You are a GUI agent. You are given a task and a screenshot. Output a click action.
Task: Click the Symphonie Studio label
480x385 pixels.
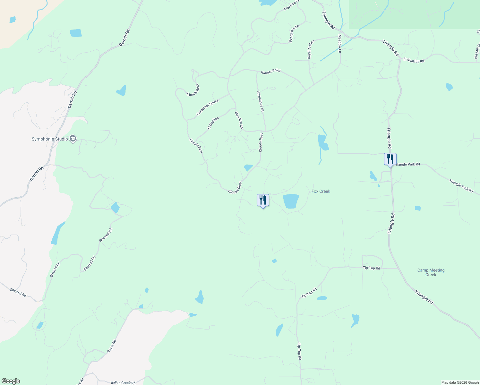50,139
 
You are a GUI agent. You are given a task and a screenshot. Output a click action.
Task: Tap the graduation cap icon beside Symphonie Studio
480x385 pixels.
73,139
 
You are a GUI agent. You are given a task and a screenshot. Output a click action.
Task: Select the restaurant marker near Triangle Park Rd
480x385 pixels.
390,159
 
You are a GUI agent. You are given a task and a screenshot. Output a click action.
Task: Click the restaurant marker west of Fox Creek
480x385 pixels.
263,200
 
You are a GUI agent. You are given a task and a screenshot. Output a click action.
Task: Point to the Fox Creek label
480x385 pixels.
321,191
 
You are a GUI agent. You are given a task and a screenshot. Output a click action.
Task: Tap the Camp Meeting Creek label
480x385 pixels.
431,272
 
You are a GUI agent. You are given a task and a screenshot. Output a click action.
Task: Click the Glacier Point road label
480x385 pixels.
270,72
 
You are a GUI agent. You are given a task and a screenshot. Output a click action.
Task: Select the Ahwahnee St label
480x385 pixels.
260,101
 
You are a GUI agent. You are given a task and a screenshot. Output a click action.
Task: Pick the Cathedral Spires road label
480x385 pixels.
207,107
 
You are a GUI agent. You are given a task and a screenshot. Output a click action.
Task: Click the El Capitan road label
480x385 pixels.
213,123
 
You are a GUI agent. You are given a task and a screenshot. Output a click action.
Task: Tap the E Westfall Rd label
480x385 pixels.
414,60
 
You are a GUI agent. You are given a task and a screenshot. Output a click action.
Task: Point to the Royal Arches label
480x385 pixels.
311,49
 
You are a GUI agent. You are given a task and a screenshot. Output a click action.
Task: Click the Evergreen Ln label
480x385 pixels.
294,33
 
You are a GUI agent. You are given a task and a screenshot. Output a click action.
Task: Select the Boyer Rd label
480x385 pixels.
111,346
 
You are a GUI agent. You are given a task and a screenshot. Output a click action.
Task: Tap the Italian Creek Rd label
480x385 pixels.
123,383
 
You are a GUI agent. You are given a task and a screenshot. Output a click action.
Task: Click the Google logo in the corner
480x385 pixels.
11,381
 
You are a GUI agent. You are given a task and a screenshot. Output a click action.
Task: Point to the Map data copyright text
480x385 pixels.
460,382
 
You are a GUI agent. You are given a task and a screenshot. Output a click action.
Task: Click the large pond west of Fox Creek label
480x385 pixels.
291,201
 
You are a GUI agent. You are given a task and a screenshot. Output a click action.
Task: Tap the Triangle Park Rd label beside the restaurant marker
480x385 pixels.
407,164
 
